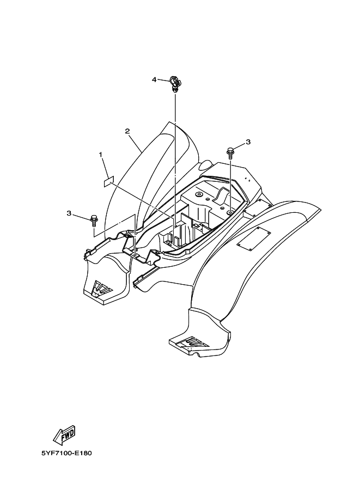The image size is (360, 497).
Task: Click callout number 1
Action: click(101, 155)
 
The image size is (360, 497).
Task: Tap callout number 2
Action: click(127, 131)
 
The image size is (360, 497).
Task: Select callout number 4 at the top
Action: click(154, 79)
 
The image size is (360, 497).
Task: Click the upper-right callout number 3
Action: click(248, 142)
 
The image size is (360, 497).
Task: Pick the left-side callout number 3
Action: click(69, 213)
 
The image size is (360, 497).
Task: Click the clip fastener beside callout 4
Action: click(175, 83)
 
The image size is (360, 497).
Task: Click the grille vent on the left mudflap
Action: click(101, 288)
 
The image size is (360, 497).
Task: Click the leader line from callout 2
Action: click(137, 143)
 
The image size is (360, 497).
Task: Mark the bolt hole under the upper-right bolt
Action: click(230, 209)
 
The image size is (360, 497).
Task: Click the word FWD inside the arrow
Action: click(66, 434)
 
